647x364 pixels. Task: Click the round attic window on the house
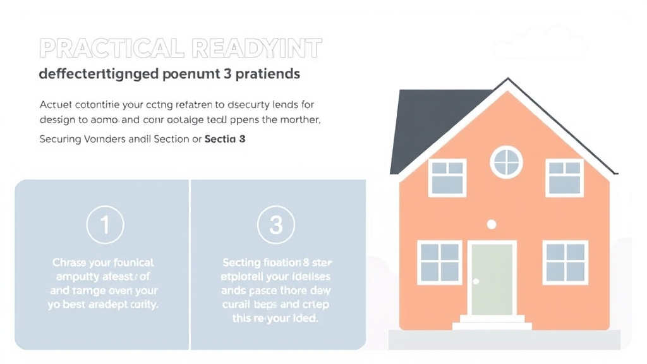pos(507,162)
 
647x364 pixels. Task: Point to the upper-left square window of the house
pos(447,177)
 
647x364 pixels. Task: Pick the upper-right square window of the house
pos(565,177)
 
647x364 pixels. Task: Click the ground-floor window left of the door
pos(440,262)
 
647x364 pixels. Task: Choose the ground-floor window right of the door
pos(566,262)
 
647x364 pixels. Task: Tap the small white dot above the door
pos(492,224)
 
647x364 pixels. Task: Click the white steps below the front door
pos(492,322)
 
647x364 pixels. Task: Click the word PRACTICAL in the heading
pos(105,49)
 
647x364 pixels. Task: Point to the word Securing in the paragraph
pos(61,139)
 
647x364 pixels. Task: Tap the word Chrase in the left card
pos(69,262)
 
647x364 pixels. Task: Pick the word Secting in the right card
pos(241,262)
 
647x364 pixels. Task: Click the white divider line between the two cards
pos(190,264)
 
